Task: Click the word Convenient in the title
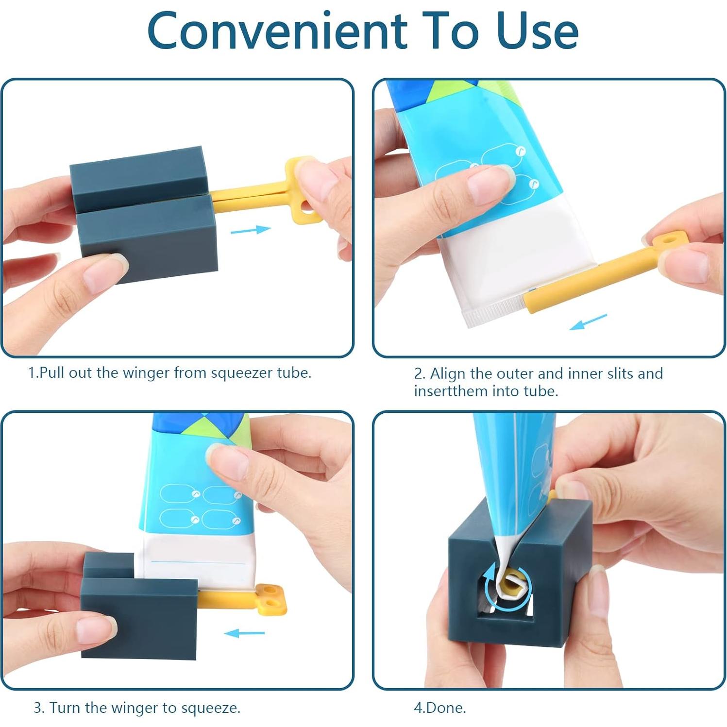[277, 31]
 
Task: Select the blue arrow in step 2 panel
[588, 321]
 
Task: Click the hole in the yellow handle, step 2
[671, 240]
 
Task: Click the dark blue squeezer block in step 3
[138, 614]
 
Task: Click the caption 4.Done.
[440, 708]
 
